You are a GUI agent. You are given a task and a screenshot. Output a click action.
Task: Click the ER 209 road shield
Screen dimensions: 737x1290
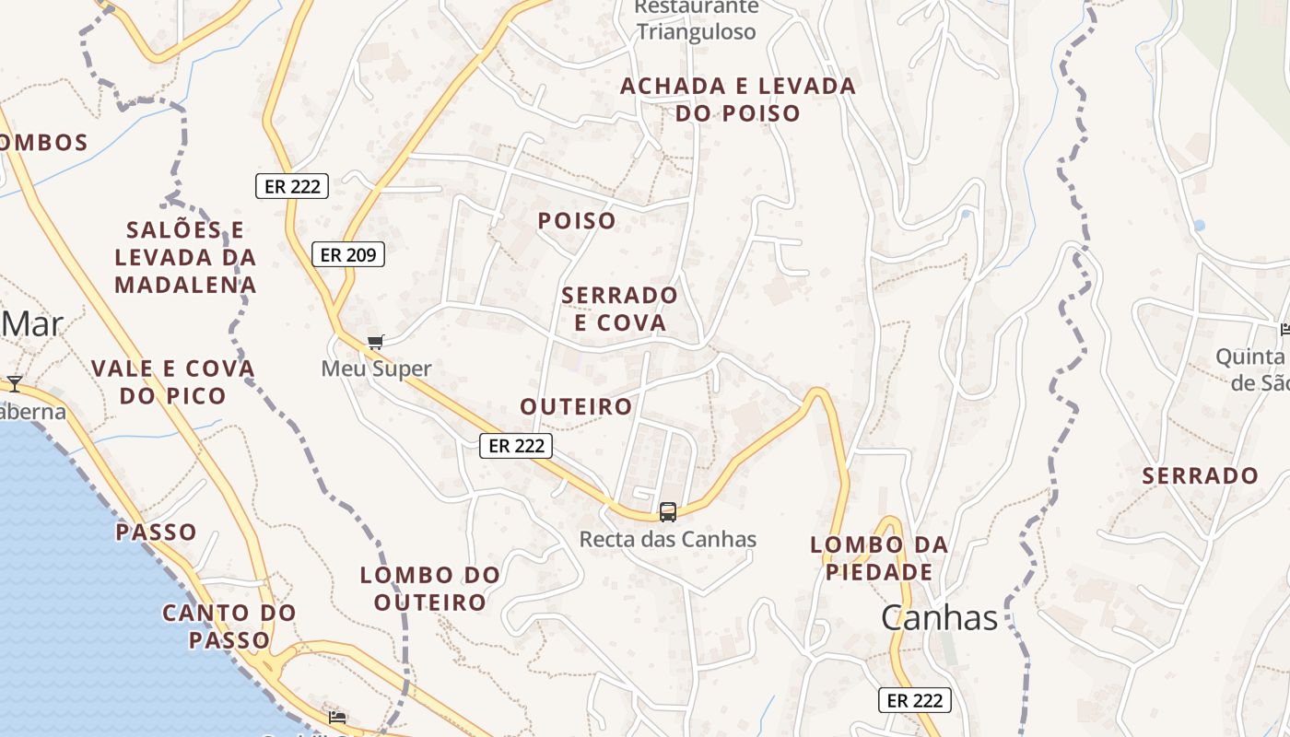[x=347, y=254]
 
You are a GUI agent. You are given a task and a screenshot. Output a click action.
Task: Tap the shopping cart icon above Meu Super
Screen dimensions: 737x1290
[x=375, y=343]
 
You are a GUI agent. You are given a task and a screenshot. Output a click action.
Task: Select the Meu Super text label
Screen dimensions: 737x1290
[x=376, y=369]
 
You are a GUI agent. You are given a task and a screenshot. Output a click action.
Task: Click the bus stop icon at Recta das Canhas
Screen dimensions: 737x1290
[x=668, y=512]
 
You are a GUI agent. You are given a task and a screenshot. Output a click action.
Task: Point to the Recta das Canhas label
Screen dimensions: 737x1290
[x=668, y=540]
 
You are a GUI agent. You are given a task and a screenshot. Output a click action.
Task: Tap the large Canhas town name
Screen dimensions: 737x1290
[x=939, y=617]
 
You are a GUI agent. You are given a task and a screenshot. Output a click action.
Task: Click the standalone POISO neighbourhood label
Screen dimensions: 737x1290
[x=577, y=221]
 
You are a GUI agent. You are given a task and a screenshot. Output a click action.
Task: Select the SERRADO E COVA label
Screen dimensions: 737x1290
[x=619, y=309]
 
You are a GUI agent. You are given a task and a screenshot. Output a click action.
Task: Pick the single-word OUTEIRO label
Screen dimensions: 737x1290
[x=576, y=406]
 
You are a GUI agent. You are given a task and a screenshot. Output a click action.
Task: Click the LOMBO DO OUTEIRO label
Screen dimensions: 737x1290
[x=430, y=589]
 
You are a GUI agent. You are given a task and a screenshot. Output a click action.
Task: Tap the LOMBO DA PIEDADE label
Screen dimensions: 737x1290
[x=879, y=558]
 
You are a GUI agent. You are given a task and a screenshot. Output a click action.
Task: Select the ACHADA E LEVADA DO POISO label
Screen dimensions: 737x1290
[x=738, y=99]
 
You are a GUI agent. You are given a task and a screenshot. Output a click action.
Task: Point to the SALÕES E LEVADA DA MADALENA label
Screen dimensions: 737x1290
[x=185, y=257]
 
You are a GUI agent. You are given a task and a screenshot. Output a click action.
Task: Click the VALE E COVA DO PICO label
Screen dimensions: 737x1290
[x=172, y=382]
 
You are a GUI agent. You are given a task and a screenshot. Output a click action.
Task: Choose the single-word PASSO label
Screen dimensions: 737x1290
[x=156, y=532]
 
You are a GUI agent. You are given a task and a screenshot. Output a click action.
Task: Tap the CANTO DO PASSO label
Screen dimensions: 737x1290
[x=229, y=626]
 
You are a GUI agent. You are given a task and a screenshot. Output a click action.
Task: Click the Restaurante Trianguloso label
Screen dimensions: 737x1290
[x=697, y=20]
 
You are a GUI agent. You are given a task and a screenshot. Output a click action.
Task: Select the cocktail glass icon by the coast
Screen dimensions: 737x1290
[x=15, y=382]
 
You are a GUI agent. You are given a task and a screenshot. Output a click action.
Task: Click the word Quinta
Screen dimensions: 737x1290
[x=1249, y=357]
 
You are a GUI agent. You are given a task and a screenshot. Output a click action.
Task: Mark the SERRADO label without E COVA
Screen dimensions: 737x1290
[x=1200, y=476]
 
